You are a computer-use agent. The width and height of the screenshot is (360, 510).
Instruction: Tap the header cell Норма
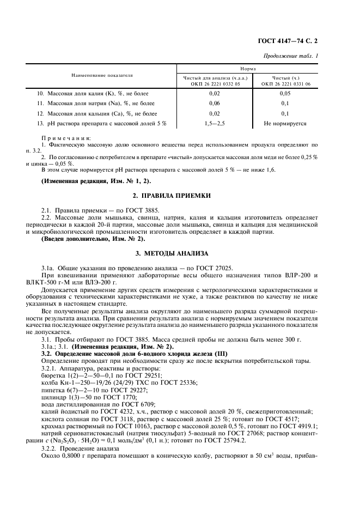248,69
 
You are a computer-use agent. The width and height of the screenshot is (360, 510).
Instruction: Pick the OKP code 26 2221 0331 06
285,84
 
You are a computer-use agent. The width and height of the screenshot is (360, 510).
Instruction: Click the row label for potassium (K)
93,94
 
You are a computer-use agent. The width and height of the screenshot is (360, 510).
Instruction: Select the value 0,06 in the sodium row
215,104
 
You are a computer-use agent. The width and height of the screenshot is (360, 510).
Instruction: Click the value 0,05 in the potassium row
285,94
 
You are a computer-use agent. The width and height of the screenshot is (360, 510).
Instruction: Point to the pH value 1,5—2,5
215,124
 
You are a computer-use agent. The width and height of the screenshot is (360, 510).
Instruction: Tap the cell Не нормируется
285,124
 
